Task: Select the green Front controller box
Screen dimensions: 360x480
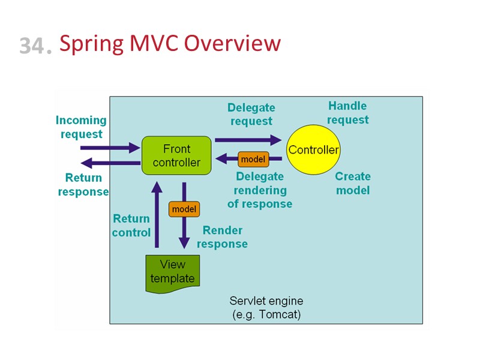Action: click(x=176, y=155)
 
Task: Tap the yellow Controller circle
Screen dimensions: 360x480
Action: click(x=313, y=150)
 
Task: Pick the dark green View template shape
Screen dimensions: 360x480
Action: click(x=173, y=272)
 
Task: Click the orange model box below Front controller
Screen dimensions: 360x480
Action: click(x=184, y=209)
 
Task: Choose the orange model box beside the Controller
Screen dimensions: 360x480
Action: click(x=253, y=159)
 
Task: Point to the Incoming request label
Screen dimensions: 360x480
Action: click(x=81, y=127)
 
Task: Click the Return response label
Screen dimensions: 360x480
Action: click(x=83, y=185)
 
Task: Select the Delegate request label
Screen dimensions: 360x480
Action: click(x=251, y=114)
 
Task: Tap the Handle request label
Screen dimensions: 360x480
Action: click(x=347, y=113)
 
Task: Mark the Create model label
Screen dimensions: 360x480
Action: click(x=353, y=184)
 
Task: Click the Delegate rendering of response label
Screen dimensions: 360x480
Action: click(x=260, y=190)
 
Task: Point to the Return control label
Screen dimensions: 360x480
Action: click(x=131, y=226)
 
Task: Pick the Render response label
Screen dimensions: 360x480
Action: click(x=222, y=237)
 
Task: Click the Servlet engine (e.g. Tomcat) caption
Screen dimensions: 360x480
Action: click(x=266, y=307)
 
